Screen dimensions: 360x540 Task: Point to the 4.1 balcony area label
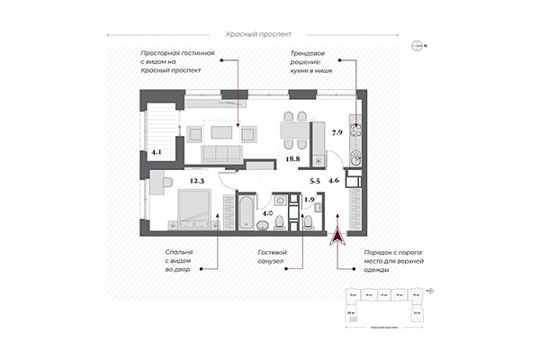pyautogui.click(x=157, y=153)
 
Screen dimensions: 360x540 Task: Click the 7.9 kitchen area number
pyautogui.click(x=337, y=134)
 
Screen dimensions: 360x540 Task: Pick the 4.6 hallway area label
pyautogui.click(x=334, y=182)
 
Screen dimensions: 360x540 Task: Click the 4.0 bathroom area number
pyautogui.click(x=268, y=214)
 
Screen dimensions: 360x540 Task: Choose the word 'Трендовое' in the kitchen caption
pyautogui.click(x=307, y=54)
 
